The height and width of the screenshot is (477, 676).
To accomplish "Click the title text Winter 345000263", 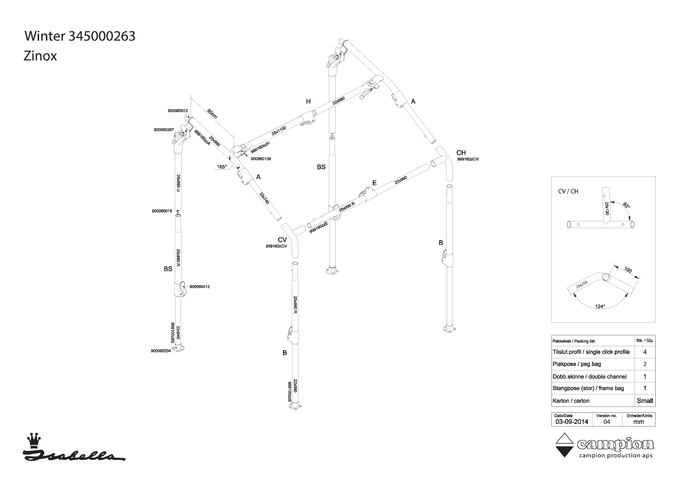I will [x=80, y=36].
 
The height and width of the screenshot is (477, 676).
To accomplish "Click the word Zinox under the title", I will [x=41, y=56].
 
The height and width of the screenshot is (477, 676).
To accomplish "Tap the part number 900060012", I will [x=178, y=111].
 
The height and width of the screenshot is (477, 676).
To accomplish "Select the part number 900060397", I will [x=163, y=130].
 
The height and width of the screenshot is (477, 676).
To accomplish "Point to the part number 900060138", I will [x=261, y=159].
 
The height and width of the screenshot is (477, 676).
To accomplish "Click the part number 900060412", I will [x=199, y=286].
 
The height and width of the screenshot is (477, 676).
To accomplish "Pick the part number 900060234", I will [x=161, y=351].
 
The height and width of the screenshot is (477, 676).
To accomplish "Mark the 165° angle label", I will [x=222, y=167].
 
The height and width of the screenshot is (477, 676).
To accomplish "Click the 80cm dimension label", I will [x=212, y=114].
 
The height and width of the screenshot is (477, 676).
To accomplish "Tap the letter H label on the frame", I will [x=308, y=101].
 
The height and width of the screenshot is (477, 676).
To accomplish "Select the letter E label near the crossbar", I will [x=374, y=183].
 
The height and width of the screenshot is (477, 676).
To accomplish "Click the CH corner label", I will [x=461, y=153].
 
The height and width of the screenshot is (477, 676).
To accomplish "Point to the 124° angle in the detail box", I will [x=600, y=306].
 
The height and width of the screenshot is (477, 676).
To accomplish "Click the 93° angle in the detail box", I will [x=626, y=205].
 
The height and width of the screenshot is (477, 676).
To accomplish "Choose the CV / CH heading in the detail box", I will [x=568, y=191].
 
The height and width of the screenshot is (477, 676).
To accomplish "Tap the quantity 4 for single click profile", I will [x=645, y=352].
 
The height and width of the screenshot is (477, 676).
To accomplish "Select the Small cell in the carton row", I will [x=645, y=400].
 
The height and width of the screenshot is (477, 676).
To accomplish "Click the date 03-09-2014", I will [x=571, y=422].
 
